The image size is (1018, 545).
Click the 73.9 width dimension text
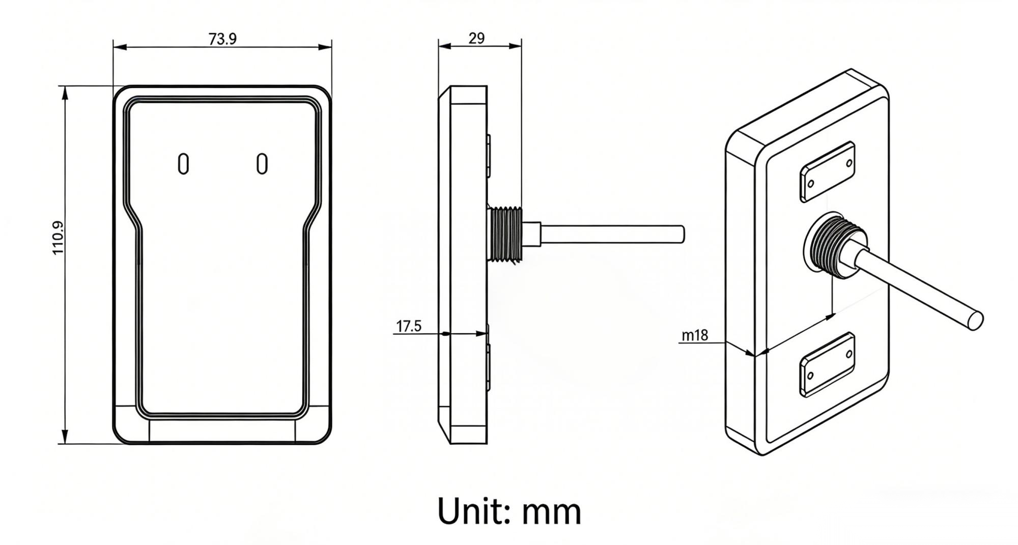[222, 39]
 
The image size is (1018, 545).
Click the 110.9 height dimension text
[58, 238]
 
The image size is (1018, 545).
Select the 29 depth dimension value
[476, 38]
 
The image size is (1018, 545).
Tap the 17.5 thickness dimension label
[409, 326]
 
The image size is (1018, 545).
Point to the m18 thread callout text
[694, 335]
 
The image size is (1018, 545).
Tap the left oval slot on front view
[183, 164]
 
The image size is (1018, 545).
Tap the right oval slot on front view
[262, 164]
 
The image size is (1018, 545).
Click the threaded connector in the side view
[504, 234]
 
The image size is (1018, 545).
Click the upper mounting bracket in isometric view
[827, 171]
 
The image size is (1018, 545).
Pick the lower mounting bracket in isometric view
[827, 364]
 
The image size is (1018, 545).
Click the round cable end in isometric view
[975, 321]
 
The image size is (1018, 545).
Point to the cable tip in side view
[682, 234]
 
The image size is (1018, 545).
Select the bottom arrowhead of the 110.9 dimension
[65, 437]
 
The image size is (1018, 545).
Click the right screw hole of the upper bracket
[849, 163]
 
